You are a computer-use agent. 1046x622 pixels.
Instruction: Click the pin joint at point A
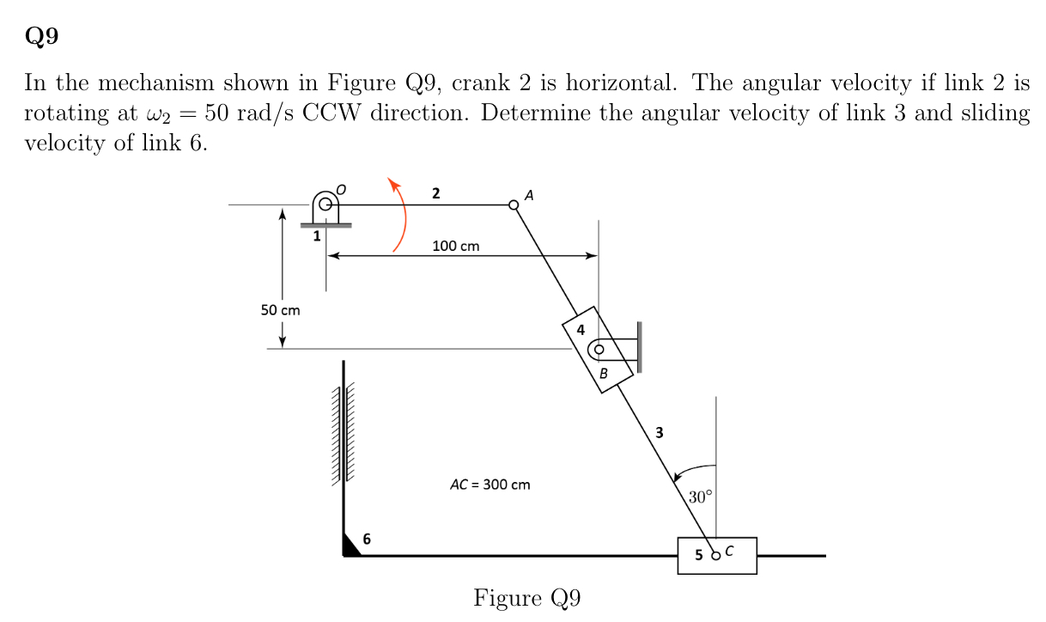coord(514,204)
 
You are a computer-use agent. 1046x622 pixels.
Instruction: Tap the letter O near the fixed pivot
coord(341,187)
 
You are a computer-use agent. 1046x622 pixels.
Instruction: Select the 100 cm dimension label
coord(456,247)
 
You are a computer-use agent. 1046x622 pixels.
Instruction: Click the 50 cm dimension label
coord(281,310)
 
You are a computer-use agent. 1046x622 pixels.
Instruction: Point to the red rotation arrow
coord(400,215)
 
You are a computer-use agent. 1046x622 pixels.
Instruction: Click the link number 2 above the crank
coord(436,193)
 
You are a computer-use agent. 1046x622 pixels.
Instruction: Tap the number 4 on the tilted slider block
coord(581,330)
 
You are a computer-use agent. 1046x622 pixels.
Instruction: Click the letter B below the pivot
coord(604,374)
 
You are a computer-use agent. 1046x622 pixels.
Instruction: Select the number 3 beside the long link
coord(659,432)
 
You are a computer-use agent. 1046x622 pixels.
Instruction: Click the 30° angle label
coord(701,497)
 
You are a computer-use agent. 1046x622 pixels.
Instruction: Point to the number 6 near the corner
coord(367,540)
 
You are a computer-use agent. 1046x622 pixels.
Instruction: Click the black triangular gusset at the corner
coord(350,546)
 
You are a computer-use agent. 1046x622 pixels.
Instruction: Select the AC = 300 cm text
coord(490,485)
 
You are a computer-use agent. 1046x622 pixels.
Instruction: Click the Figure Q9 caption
coord(526,598)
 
